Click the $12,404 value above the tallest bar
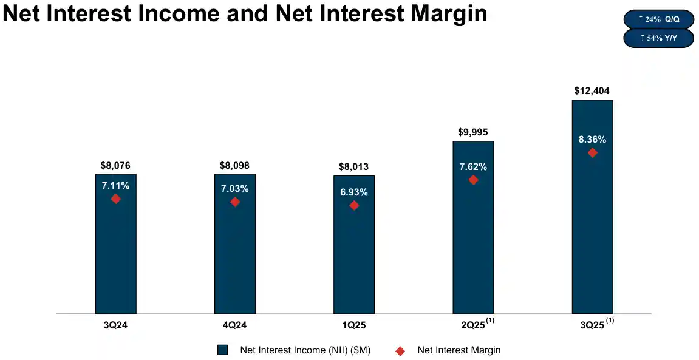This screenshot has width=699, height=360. (x=592, y=91)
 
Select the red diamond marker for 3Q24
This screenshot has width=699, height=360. (x=115, y=199)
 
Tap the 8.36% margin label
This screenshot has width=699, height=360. (x=592, y=140)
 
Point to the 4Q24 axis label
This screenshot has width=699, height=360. (x=235, y=325)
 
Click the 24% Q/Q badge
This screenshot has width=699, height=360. (x=659, y=19)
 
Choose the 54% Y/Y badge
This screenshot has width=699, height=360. (x=659, y=38)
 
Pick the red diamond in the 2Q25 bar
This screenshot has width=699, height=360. (x=473, y=180)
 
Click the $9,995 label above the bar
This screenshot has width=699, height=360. (x=473, y=132)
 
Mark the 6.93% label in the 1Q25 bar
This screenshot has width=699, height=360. (x=354, y=192)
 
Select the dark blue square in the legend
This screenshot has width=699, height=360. (x=223, y=350)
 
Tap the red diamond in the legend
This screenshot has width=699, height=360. (x=400, y=350)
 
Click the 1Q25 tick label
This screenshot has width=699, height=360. (x=354, y=325)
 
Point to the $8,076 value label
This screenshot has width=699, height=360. (x=115, y=165)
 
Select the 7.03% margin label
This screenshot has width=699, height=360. (x=235, y=189)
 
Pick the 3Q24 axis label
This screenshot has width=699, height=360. (x=115, y=325)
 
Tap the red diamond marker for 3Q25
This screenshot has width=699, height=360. (x=592, y=153)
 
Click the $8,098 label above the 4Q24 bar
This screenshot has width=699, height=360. (x=235, y=165)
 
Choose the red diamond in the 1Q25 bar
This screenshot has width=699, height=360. (x=354, y=206)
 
